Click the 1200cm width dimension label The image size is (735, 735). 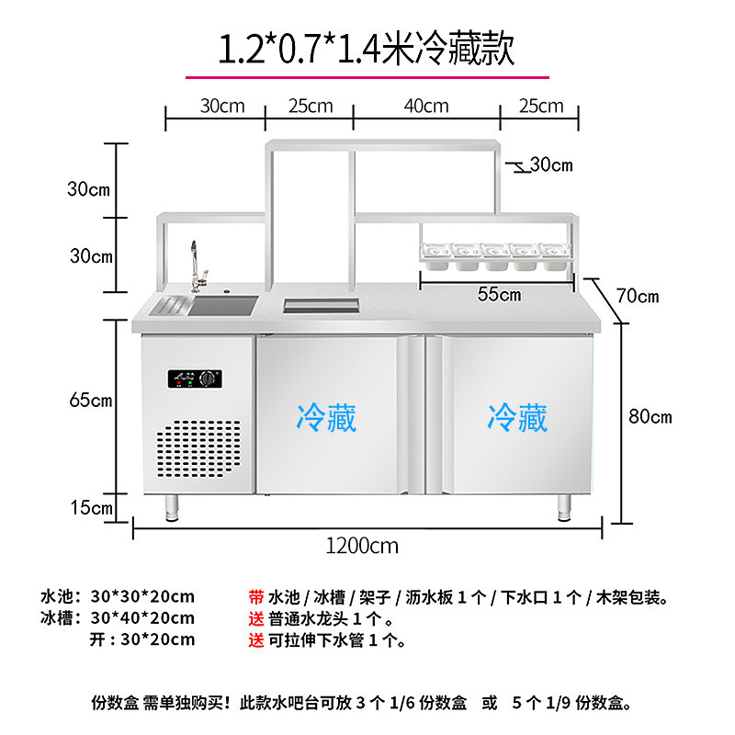click(x=363, y=545)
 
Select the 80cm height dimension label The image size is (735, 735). click(x=650, y=416)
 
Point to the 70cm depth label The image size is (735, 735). click(x=638, y=296)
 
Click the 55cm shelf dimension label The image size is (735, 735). click(x=500, y=294)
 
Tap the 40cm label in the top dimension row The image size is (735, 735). click(x=427, y=106)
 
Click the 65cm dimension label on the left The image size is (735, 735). click(x=90, y=400)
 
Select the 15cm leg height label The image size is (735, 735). click(x=90, y=506)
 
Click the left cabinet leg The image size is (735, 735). click(x=172, y=505)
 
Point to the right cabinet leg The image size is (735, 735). click(x=563, y=506)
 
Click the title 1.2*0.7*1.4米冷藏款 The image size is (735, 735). click(x=366, y=48)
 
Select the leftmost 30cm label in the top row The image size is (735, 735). click(x=222, y=106)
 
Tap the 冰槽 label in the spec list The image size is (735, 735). click(x=61, y=618)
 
